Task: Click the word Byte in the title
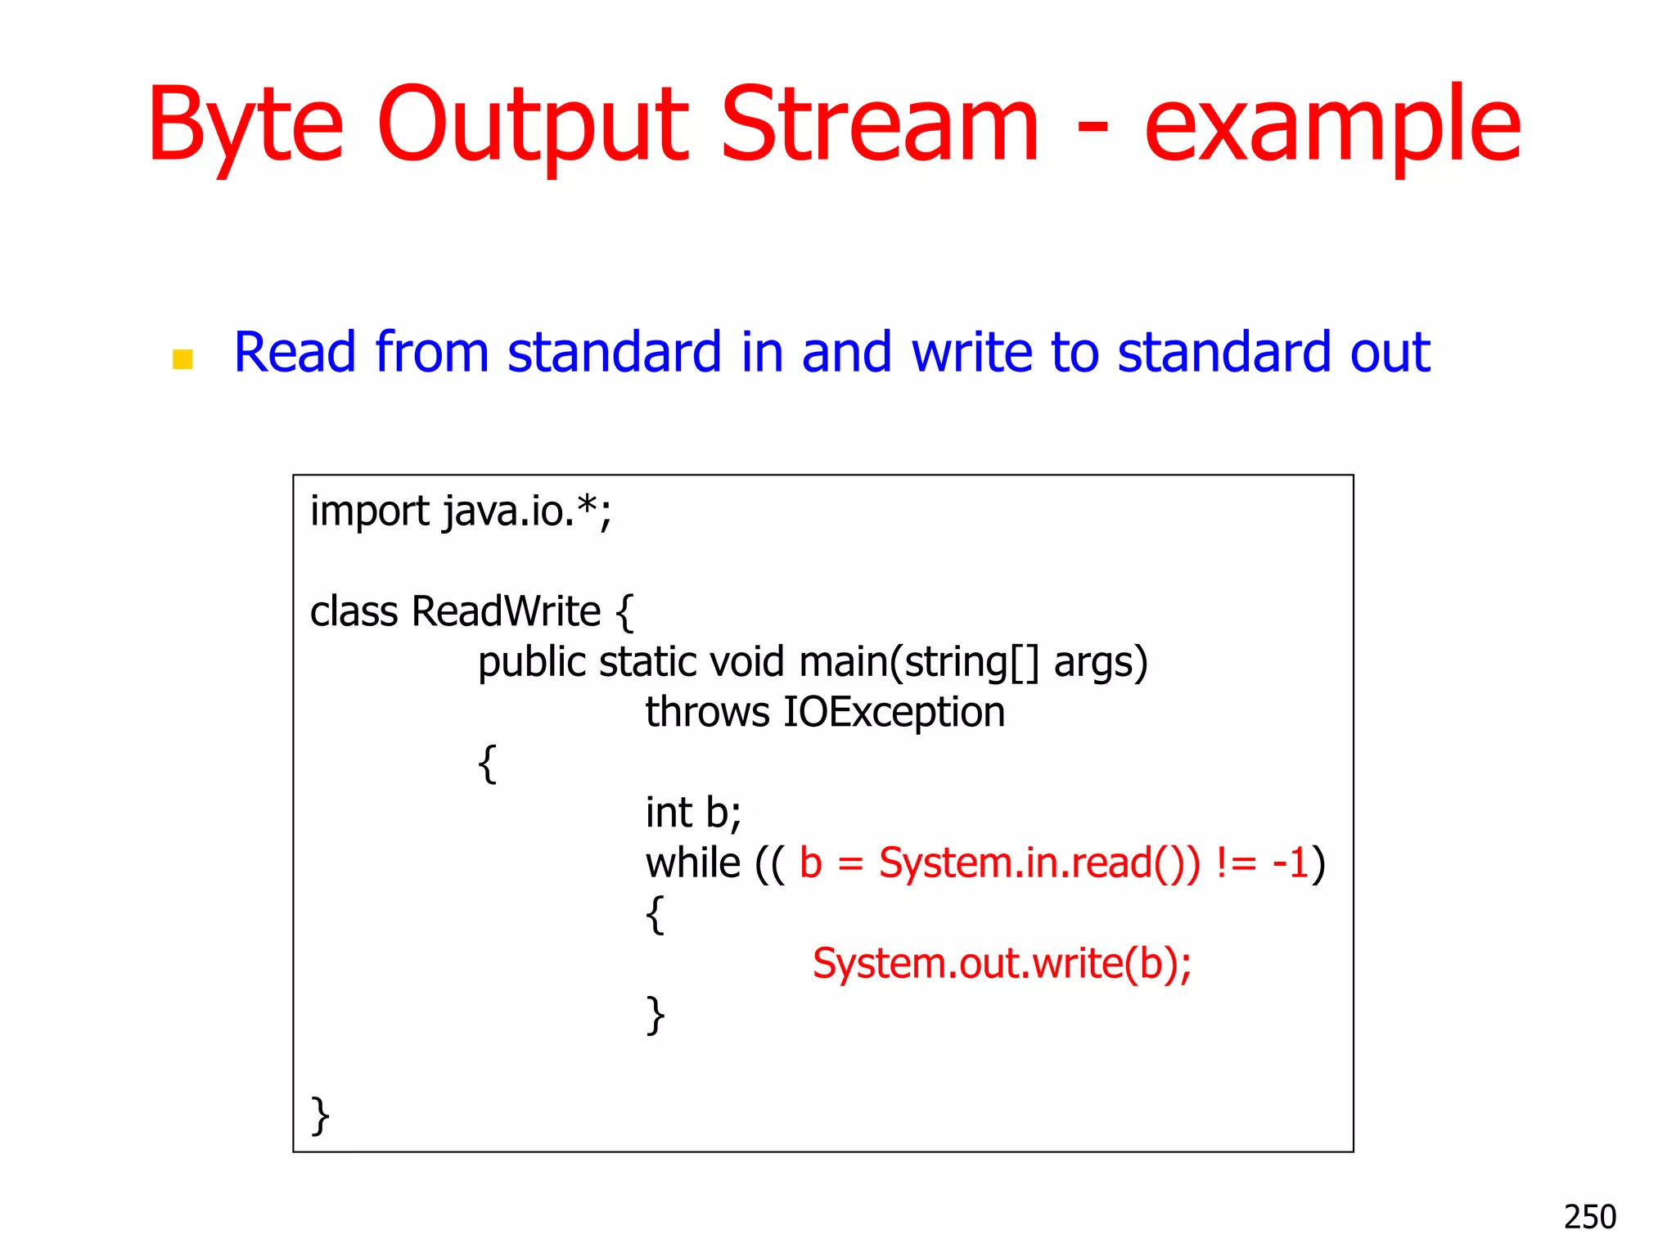tap(245, 127)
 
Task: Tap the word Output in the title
tap(533, 127)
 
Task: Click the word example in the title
tap(1332, 127)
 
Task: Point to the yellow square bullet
tap(182, 359)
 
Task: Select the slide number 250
tap(1589, 1217)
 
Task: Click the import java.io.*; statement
tap(460, 512)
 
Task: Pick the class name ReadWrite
tap(506, 611)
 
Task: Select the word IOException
tap(894, 712)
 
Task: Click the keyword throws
tap(707, 712)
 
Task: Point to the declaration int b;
tap(692, 813)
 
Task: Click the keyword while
tap(692, 863)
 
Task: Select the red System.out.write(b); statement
tap(1002, 963)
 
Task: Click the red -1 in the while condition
tap(1291, 863)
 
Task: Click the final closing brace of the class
tap(320, 1115)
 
